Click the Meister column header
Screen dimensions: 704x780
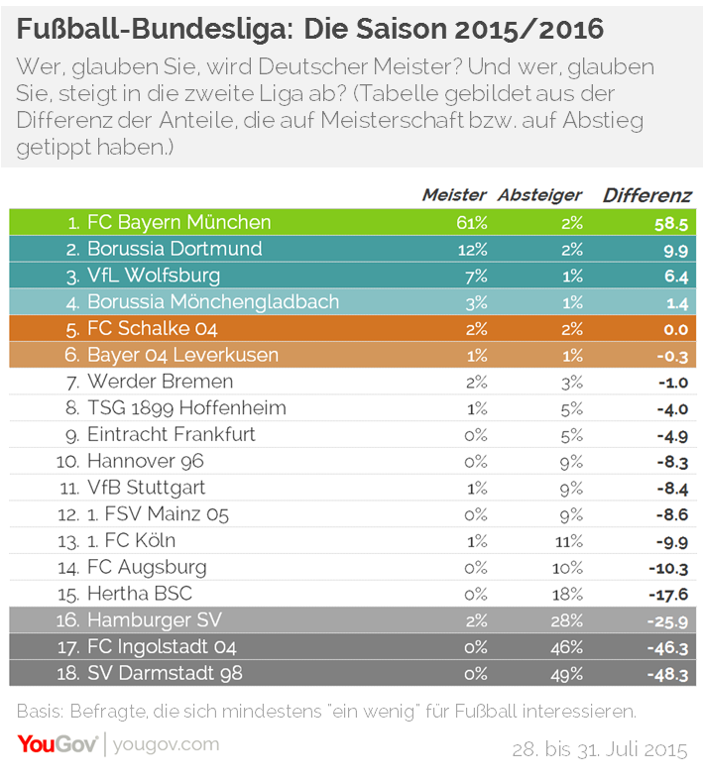pos(454,194)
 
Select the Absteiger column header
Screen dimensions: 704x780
pos(539,195)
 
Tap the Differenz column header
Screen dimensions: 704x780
pos(646,195)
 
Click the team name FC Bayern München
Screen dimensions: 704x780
pos(179,222)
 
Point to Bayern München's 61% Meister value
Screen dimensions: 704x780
pos(472,223)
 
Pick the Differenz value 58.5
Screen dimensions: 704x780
pos(671,224)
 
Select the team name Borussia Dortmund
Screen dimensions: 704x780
pos(175,249)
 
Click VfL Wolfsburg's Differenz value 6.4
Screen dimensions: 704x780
pos(676,277)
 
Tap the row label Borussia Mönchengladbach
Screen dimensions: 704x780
pos(213,302)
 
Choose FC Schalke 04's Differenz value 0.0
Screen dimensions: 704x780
pos(676,329)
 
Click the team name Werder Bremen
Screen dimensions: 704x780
pos(161,382)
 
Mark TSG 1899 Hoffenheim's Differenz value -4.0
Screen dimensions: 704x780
pos(672,409)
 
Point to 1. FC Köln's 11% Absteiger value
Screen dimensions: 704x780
pos(569,541)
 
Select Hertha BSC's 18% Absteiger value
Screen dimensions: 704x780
pos(568,594)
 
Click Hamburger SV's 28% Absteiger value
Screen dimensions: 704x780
pos(567,620)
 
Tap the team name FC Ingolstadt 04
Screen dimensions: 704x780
pos(162,646)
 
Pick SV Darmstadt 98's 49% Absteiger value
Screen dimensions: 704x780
pos(567,674)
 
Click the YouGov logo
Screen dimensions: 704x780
pos(58,744)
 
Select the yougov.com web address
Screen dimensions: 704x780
pos(167,745)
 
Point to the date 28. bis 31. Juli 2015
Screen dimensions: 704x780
pos(600,749)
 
